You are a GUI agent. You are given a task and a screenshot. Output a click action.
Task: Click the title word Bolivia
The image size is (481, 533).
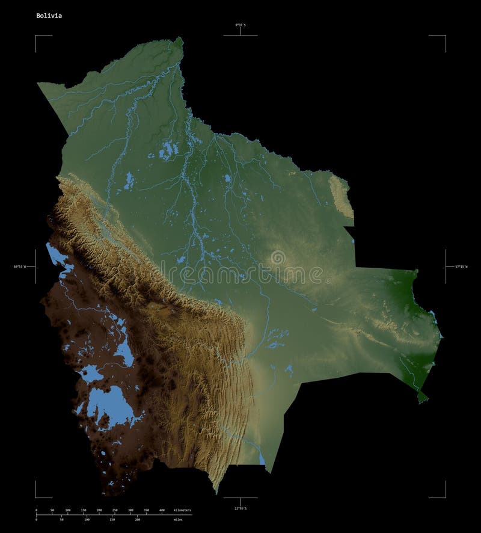click(x=48, y=16)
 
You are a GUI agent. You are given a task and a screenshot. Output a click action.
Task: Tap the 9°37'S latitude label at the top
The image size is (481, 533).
click(x=240, y=25)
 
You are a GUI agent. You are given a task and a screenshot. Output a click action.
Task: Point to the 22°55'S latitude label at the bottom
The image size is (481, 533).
click(x=240, y=509)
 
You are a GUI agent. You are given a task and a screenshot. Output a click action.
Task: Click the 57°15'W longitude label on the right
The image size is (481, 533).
click(x=460, y=266)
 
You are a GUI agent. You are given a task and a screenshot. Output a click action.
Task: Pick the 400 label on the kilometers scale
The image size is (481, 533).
click(x=162, y=510)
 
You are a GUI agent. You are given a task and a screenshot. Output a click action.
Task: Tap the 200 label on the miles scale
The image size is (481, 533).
click(x=138, y=519)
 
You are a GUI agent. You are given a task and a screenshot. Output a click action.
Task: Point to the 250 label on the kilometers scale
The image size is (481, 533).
click(x=115, y=510)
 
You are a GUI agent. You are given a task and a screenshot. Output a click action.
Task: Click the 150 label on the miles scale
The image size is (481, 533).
click(x=112, y=519)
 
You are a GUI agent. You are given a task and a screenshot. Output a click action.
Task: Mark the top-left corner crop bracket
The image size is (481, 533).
click(x=36, y=36)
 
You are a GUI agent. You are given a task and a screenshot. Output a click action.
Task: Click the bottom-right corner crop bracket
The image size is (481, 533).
click(x=444, y=496)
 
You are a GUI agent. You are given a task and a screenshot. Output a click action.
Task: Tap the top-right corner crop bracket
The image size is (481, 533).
click(x=444, y=36)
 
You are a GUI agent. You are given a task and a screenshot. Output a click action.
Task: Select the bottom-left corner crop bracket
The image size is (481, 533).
click(x=36, y=496)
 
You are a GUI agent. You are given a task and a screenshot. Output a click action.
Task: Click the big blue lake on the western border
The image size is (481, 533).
click(x=57, y=255)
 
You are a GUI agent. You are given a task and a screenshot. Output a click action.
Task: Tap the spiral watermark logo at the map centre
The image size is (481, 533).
click(x=278, y=259)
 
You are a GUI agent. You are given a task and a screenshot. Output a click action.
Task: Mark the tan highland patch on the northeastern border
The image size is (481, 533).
click(x=340, y=196)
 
